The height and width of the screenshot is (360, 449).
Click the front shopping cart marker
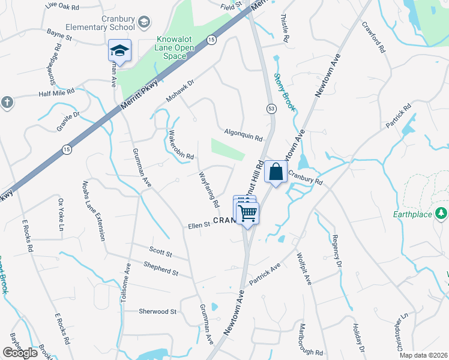point(247,212)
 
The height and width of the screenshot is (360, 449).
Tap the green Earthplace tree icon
point(441,213)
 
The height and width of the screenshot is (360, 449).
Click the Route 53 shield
point(271,107)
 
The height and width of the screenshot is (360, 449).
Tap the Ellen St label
point(199,225)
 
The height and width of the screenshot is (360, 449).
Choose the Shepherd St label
point(160,268)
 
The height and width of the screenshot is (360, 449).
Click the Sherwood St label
point(157,311)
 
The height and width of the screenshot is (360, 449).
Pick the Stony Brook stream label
point(286,92)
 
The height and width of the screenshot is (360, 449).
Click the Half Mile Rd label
point(56,92)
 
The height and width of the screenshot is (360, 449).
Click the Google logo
point(20,353)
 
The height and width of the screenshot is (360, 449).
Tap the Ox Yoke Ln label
point(61,215)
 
